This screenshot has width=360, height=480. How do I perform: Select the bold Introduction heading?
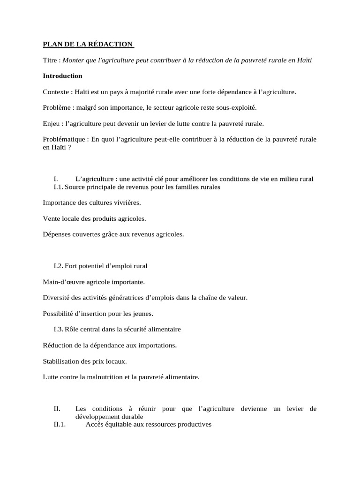[x=62, y=76]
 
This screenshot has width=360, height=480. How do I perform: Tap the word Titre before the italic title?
[x=50, y=60]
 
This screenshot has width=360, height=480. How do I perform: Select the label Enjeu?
[x=51, y=124]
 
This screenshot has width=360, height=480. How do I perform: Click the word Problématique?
[x=63, y=140]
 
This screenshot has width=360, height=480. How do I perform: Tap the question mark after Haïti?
[x=69, y=147]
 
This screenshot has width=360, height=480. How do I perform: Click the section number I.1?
[x=59, y=187]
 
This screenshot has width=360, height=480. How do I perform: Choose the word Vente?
[x=51, y=218]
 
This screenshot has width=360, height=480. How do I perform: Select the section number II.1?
[x=61, y=425]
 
